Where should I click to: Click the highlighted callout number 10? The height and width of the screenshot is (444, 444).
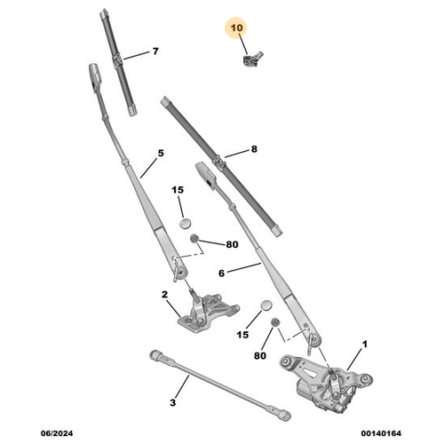(236, 28)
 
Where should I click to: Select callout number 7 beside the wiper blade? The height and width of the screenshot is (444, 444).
(155, 52)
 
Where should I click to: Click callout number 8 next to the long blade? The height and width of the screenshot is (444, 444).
(254, 149)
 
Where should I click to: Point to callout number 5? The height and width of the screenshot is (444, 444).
(161, 154)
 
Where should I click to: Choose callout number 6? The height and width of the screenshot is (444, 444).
(221, 274)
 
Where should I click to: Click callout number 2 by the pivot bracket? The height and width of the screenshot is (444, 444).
(164, 295)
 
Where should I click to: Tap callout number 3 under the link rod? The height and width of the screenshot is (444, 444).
(173, 402)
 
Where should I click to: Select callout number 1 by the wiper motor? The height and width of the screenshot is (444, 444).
(365, 345)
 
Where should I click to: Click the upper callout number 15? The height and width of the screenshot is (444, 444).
(178, 190)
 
